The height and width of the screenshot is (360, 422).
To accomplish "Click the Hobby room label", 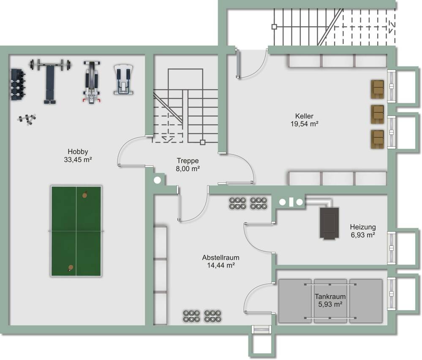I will point(77,152).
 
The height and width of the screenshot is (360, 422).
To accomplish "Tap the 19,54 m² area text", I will point(304,124).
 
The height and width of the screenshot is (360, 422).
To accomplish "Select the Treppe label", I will point(188,161).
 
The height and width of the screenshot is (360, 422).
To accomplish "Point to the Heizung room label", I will point(362,227).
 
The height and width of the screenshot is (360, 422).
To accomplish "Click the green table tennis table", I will point(76,231).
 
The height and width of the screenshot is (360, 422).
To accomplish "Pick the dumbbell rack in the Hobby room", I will point(18,84).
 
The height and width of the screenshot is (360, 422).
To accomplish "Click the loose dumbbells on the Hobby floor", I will point(27,119).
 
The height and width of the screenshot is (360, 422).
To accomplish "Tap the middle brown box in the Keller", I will point(377,114).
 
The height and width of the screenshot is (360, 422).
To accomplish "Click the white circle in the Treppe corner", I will point(157,180).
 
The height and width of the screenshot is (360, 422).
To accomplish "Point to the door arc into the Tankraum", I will point(253,297).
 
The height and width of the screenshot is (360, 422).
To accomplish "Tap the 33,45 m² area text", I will point(77,160).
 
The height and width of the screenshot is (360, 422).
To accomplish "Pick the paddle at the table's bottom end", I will point(70,268).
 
